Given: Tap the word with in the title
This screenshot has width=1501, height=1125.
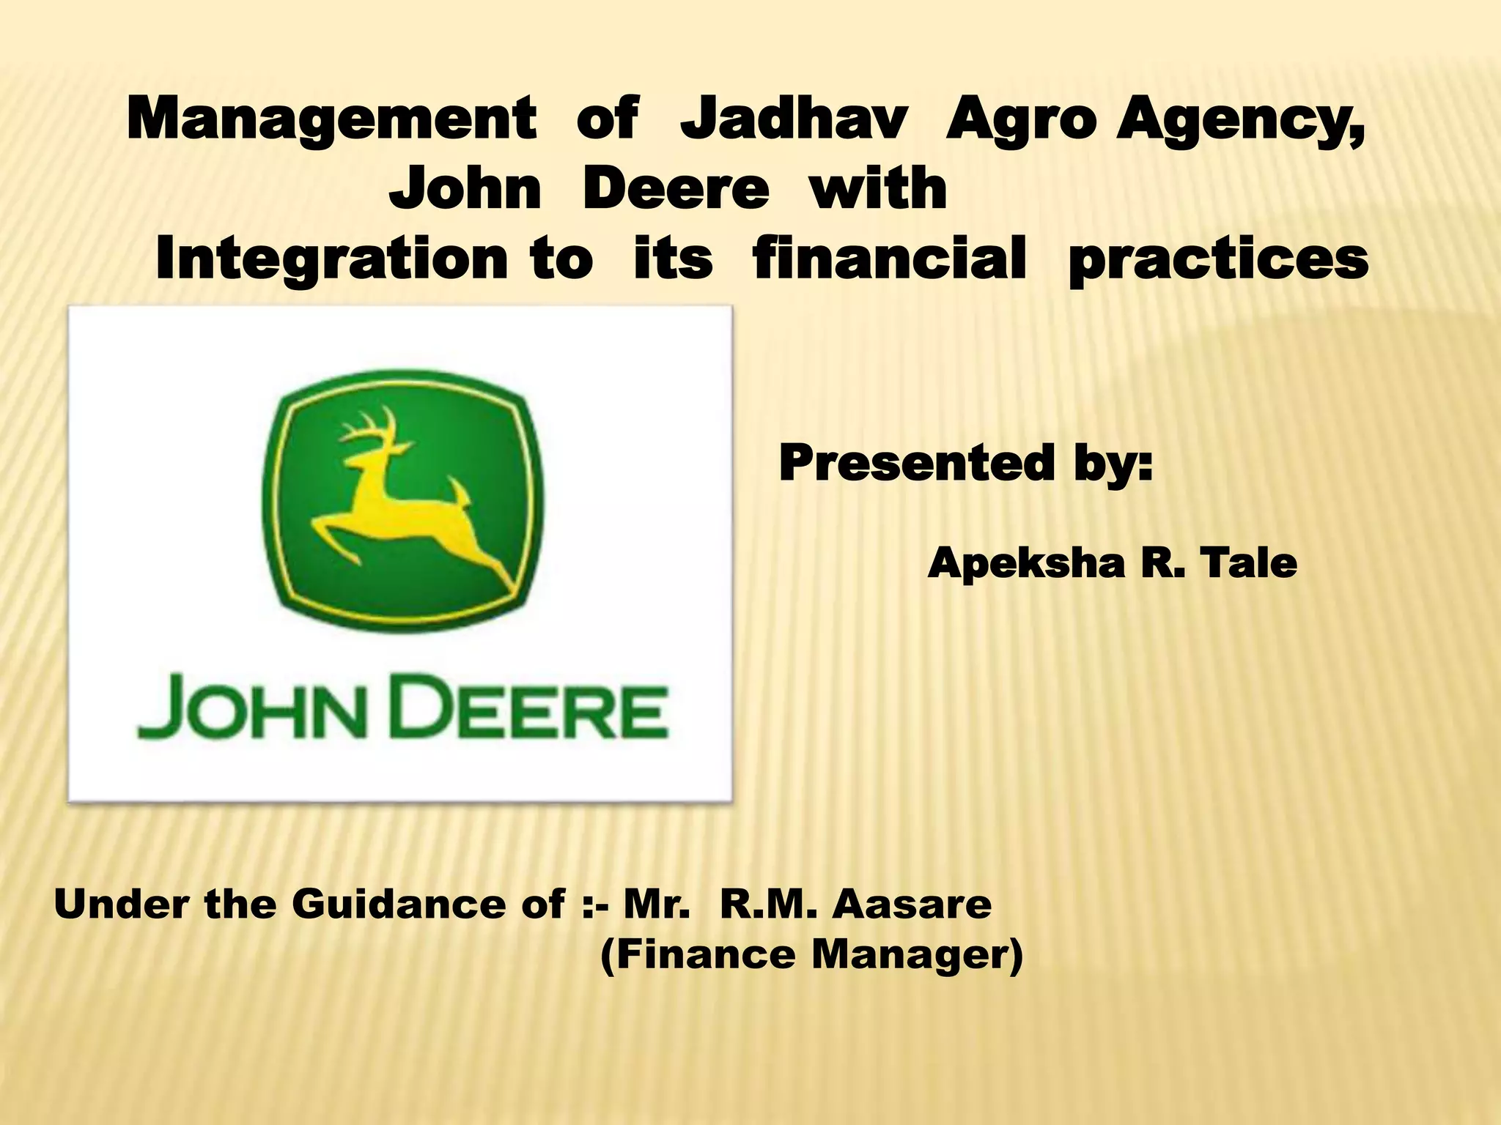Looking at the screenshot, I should tap(878, 188).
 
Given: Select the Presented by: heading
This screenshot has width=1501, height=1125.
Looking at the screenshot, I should tap(965, 464).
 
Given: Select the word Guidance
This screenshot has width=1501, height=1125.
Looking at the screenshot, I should tap(428, 905).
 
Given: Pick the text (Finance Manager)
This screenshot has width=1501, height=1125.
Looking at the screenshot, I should tap(811, 956).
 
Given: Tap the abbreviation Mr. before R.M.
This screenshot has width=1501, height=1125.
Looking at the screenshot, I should tap(656, 904).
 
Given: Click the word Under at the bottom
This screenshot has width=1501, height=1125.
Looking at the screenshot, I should tap(121, 904).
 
